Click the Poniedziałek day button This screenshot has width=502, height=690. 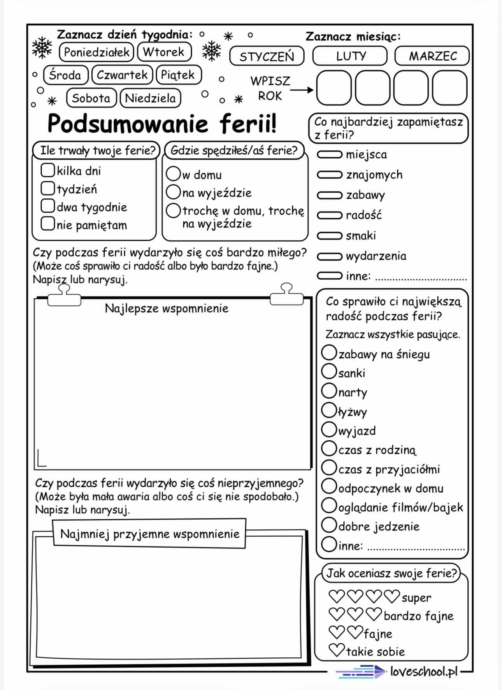tap(97, 52)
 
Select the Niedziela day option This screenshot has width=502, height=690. tap(150, 98)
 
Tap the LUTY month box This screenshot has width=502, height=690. tap(350, 56)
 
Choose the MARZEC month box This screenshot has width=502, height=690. tap(432, 56)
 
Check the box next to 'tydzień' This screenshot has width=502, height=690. tap(47, 188)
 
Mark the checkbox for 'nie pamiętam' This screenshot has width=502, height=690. tap(47, 224)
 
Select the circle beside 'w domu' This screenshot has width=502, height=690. tap(173, 173)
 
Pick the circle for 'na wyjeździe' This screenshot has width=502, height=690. tap(173, 191)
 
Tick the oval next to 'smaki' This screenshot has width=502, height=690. tap(329, 235)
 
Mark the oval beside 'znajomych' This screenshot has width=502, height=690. tap(329, 175)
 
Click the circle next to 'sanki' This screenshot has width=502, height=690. tap(329, 371)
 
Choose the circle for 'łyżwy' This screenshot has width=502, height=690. tap(329, 410)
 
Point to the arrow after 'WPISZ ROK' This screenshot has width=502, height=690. tap(302, 90)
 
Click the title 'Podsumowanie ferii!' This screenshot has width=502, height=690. tap(161, 124)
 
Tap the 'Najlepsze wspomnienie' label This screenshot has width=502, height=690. tap(167, 308)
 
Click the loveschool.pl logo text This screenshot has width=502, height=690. tap(423, 672)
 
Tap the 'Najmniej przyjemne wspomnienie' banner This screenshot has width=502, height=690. tap(149, 534)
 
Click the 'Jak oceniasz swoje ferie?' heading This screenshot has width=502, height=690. tap(391, 573)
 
